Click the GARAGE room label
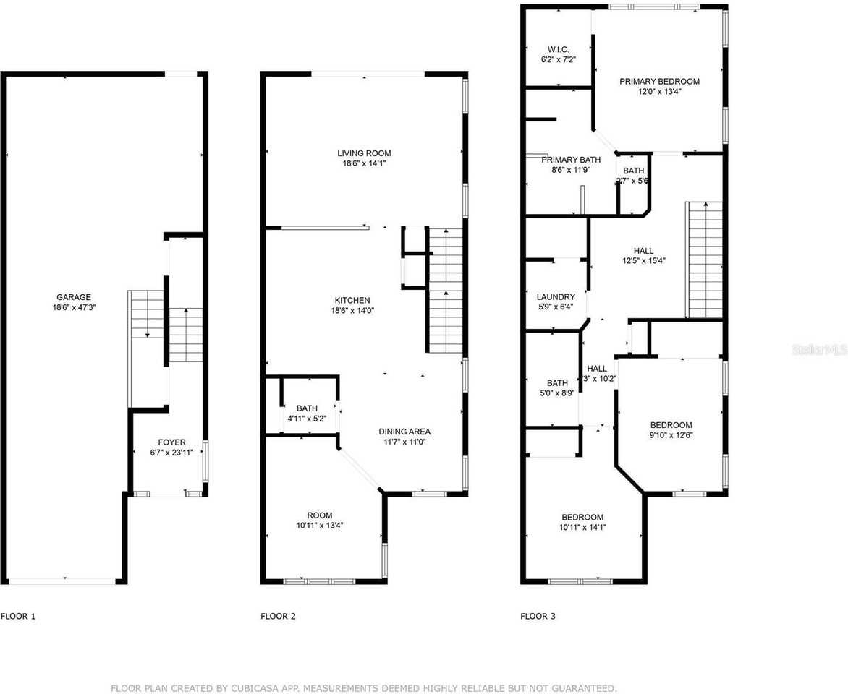point(74,297)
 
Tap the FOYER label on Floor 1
point(172,442)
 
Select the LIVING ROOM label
point(364,153)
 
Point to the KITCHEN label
point(352,301)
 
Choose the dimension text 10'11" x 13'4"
point(319,526)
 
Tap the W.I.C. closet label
point(558,49)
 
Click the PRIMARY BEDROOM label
point(659,82)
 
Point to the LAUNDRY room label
point(556,297)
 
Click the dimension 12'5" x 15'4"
point(643,261)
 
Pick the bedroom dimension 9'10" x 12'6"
point(671,435)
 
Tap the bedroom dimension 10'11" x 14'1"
point(582,528)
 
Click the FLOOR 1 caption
point(18,617)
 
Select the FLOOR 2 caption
point(278,617)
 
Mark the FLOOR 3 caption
point(538,617)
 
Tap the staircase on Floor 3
point(704,260)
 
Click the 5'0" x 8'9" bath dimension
point(557,393)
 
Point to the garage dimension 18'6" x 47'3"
point(74,307)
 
